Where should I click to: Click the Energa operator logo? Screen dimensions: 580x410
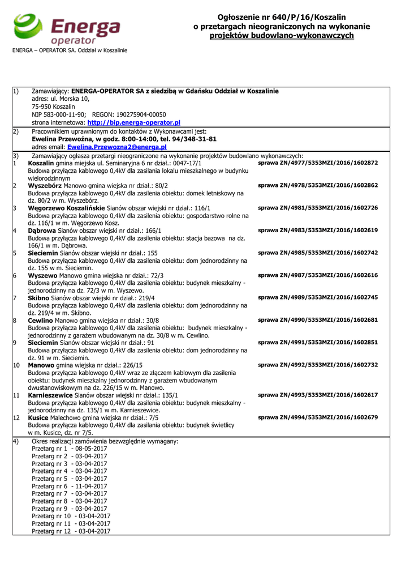pos(67,29)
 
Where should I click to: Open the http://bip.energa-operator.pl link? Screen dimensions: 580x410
pos(133,122)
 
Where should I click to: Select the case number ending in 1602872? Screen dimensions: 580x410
pos(318,163)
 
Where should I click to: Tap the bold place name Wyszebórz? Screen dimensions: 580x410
pos(45,185)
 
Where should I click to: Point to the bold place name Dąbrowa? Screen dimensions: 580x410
pos(44,231)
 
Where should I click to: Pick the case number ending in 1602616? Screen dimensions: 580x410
pos(318,275)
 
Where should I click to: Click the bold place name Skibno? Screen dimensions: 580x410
pos(38,297)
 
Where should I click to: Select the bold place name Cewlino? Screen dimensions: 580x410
pos(41,320)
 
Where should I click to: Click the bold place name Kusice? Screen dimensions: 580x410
pos(38,417)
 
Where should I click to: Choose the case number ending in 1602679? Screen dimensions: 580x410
pos(318,417)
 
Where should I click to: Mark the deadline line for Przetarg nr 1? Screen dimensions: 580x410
pos(70,449)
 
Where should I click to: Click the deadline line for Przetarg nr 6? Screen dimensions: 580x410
pos(70,486)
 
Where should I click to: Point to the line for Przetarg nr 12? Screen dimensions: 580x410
pos(71,531)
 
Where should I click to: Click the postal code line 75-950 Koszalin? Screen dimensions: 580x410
pos(53,106)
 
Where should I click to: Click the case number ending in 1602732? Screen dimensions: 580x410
pos(318,365)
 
